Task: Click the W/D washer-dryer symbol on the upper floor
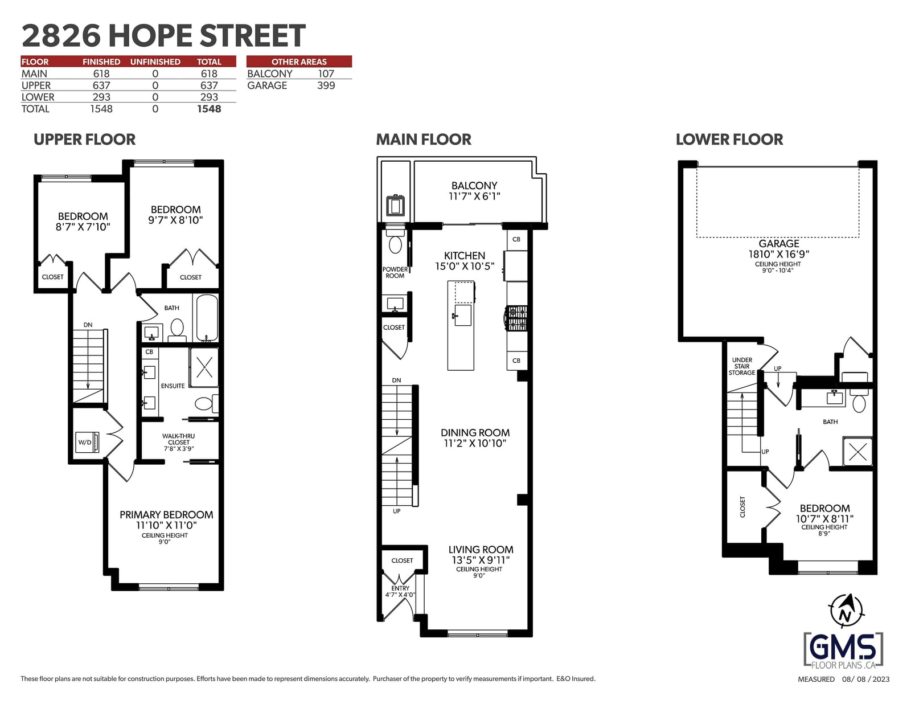tap(87, 443)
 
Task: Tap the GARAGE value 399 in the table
tap(326, 85)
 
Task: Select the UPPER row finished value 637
tap(101, 85)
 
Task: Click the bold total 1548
tap(209, 109)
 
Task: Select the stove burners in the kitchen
tap(517, 318)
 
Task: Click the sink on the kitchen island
tap(463, 315)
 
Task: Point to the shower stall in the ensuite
tap(204, 367)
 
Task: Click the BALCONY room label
tap(474, 191)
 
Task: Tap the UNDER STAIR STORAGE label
tap(742, 366)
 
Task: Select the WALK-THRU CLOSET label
tap(179, 439)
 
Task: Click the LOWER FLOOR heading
tap(729, 140)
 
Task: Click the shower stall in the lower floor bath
tap(857, 452)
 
